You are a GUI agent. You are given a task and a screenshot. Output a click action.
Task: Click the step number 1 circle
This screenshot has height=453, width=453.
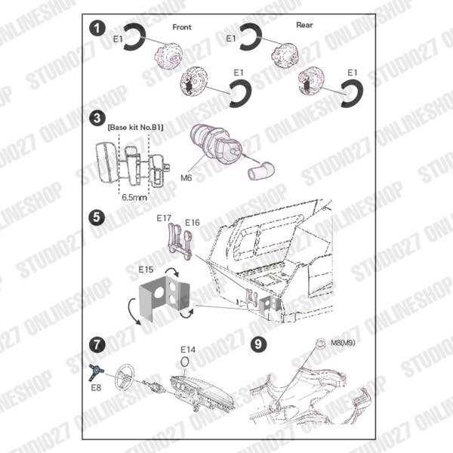(97, 29)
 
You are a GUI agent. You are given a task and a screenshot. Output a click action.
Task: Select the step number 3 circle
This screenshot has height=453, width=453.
(97, 118)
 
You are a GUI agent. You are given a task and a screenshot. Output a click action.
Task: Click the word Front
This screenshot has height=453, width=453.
(182, 27)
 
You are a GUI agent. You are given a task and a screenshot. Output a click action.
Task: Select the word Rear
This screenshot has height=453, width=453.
(304, 25)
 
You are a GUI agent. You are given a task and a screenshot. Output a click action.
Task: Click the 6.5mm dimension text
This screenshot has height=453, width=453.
(134, 194)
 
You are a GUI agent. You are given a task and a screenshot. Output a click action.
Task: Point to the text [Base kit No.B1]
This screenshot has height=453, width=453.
(135, 128)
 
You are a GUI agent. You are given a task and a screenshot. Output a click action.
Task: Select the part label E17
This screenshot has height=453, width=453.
(164, 217)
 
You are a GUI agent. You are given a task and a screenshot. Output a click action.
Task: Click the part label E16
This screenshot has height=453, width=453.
(191, 223)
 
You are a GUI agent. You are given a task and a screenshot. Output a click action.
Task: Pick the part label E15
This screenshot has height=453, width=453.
(146, 268)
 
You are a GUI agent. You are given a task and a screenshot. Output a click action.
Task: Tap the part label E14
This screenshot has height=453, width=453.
(188, 350)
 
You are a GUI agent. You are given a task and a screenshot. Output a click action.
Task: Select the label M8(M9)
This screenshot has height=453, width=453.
(344, 343)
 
